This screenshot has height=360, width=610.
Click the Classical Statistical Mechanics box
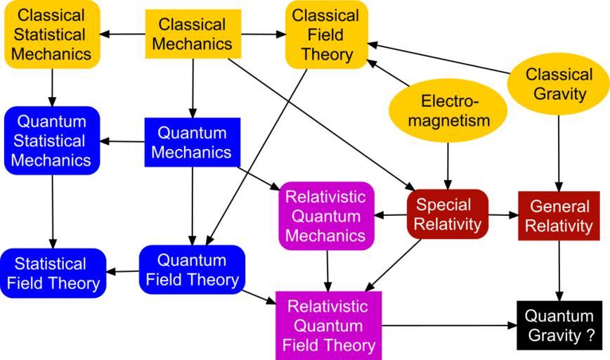[51, 34]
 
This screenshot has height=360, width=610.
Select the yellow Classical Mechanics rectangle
[193, 34]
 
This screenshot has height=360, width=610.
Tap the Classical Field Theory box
[326, 34]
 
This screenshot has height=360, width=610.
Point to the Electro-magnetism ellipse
[448, 110]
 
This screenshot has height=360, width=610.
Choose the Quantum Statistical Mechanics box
[51, 141]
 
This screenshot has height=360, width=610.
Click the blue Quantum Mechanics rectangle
[193, 142]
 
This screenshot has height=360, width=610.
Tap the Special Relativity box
[448, 214]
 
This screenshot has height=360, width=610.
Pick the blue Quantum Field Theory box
[193, 269]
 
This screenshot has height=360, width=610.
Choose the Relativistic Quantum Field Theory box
[330, 326]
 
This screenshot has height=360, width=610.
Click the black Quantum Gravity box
[559, 325]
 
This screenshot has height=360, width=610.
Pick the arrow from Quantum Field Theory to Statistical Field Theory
[122, 271]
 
